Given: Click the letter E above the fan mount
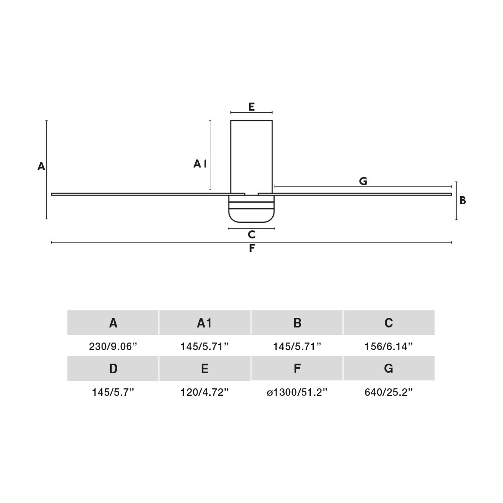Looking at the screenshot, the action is pyautogui.click(x=251, y=107).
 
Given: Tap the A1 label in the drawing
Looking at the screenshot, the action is pyautogui.click(x=200, y=164).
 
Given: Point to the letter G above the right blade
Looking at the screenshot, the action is pyautogui.click(x=363, y=181).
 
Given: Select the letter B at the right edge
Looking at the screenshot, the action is pyautogui.click(x=463, y=201).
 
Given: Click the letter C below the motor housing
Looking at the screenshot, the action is pyautogui.click(x=251, y=235).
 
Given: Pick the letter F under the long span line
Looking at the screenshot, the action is pyautogui.click(x=252, y=248).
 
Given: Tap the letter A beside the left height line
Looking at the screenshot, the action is pyautogui.click(x=41, y=166).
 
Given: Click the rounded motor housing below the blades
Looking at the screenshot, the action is pyautogui.click(x=251, y=209).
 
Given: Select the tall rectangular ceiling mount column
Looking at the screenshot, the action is pyautogui.click(x=251, y=157).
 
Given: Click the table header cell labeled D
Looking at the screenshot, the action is pyautogui.click(x=113, y=369).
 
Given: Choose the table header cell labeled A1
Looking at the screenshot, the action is pyautogui.click(x=205, y=323).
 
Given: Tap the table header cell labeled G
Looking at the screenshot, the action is pyautogui.click(x=389, y=369).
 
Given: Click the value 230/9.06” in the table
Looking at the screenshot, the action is pyautogui.click(x=113, y=347).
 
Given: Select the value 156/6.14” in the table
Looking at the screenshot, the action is pyautogui.click(x=388, y=347).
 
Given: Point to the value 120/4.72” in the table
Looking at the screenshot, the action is pyautogui.click(x=205, y=392).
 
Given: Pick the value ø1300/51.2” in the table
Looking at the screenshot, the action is pyautogui.click(x=297, y=392).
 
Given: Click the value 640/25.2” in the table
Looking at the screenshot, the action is pyautogui.click(x=388, y=392).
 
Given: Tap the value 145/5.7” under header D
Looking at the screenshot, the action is pyautogui.click(x=113, y=392).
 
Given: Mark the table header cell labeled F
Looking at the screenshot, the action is pyautogui.click(x=297, y=369).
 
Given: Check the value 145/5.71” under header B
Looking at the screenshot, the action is pyautogui.click(x=297, y=347).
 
